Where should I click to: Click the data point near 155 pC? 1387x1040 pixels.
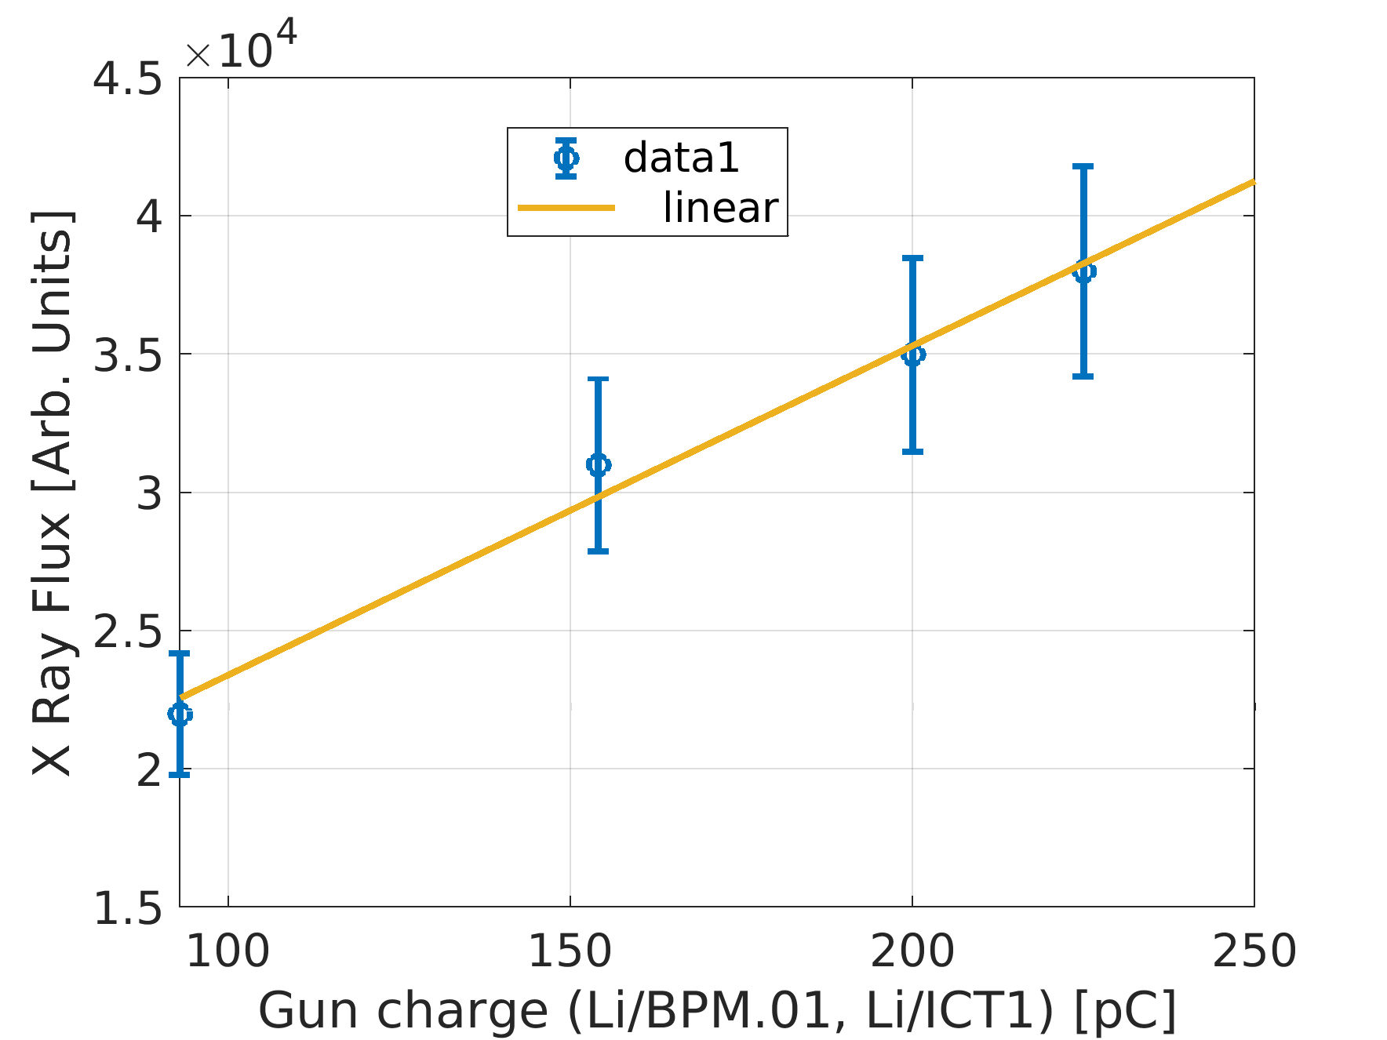tap(598, 464)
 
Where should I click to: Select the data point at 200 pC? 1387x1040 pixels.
tap(912, 355)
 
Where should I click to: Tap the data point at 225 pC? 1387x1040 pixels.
tap(1083, 271)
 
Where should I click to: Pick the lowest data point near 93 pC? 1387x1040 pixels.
tap(180, 714)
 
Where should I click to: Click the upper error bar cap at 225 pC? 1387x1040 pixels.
tap(1083, 166)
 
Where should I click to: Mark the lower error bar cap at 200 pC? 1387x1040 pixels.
tap(912, 452)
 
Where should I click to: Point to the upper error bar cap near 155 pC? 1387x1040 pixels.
tap(598, 380)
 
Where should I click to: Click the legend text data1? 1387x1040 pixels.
tap(681, 158)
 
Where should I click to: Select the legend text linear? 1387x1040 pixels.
tap(719, 208)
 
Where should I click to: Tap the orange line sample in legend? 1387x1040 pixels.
tap(566, 208)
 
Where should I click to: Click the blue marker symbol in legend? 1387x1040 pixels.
tap(566, 158)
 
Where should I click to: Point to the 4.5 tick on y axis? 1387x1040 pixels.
tap(128, 79)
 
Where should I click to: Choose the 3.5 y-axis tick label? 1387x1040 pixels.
tap(128, 355)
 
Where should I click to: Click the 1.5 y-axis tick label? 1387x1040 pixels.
tap(128, 909)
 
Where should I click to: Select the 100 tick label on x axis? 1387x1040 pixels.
tap(228, 951)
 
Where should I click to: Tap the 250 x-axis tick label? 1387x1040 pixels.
tap(1253, 951)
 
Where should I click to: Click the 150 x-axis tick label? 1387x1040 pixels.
tap(570, 951)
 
